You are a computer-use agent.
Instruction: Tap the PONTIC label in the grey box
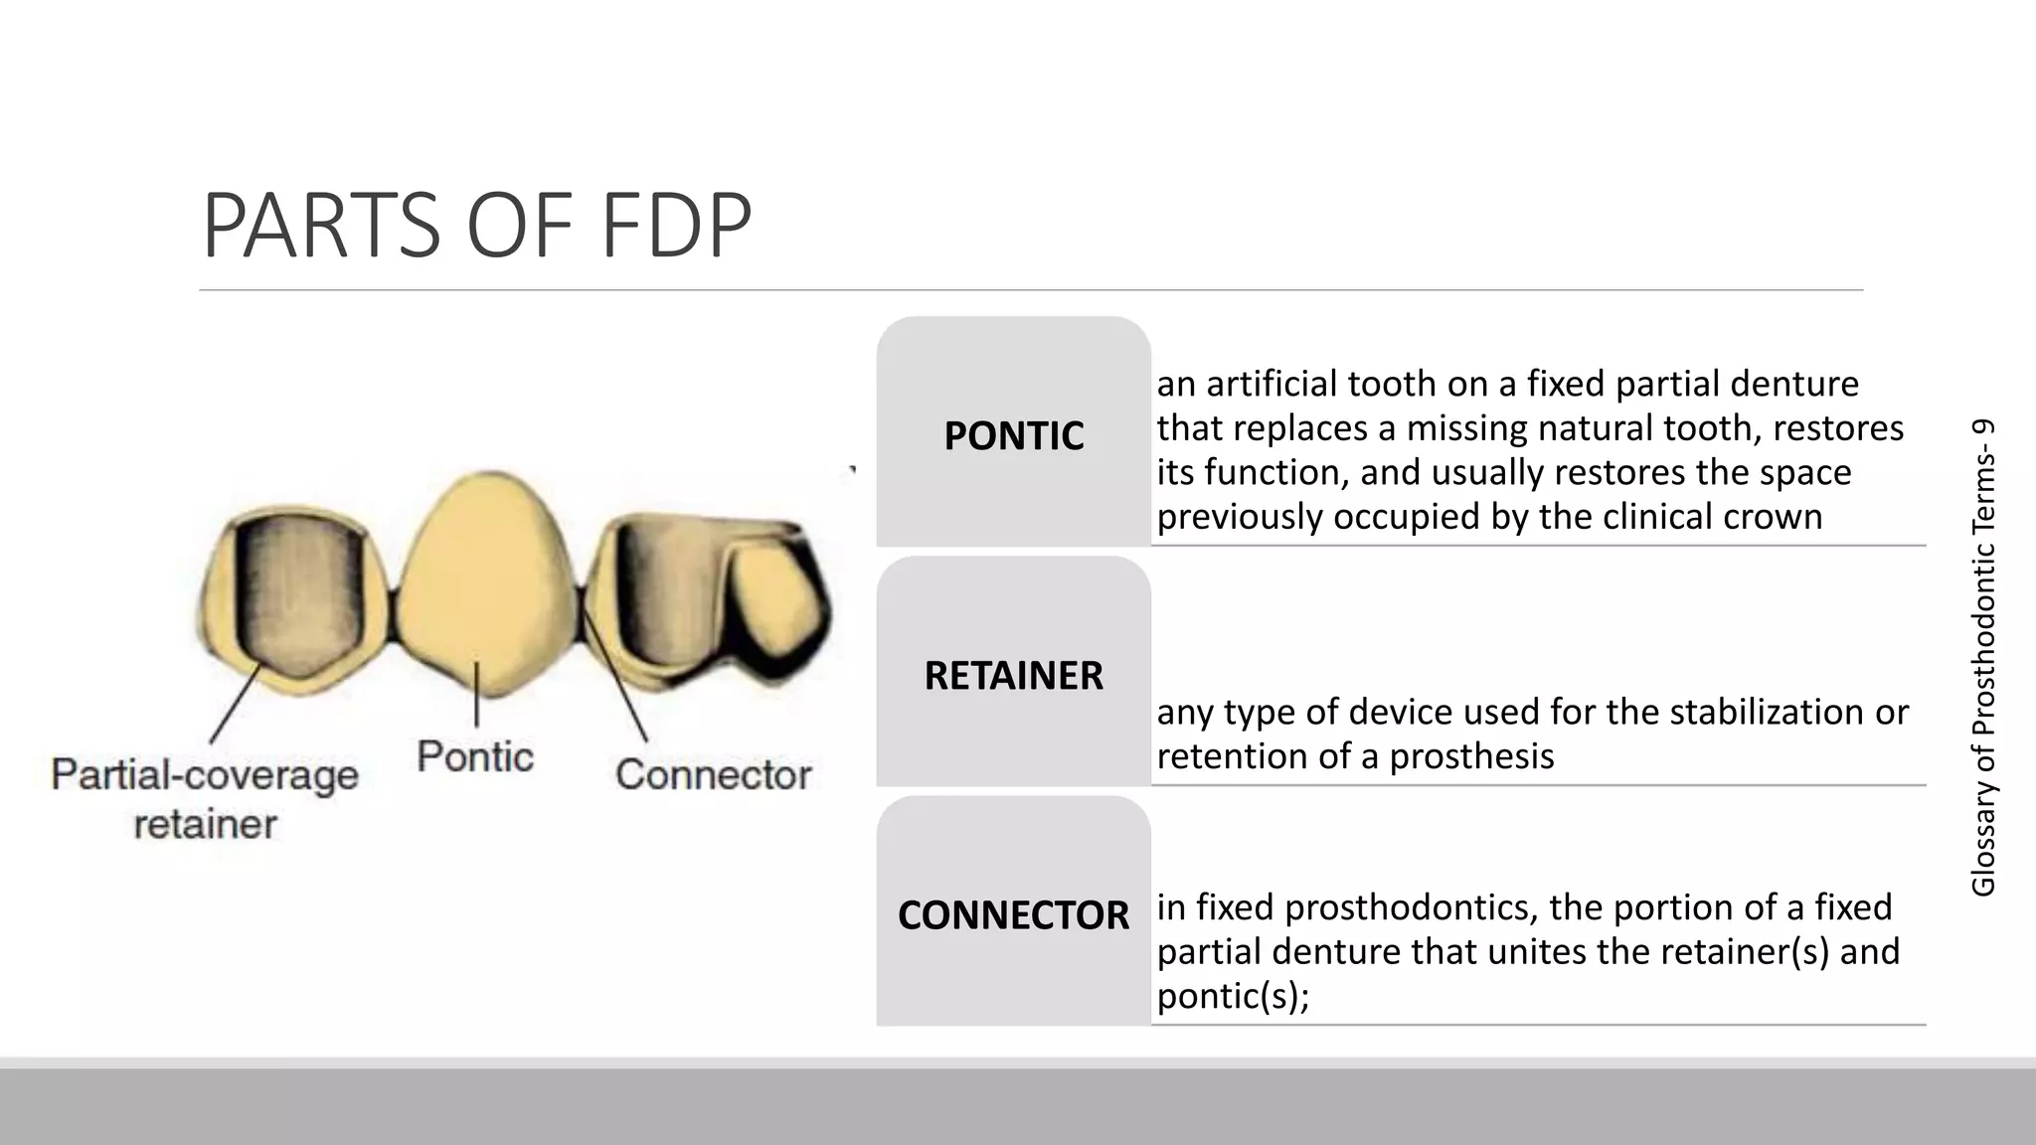1013,436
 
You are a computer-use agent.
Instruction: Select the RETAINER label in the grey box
1013,676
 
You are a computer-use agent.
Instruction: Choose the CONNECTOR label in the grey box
1013,915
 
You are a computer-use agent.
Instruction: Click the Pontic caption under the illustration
475,756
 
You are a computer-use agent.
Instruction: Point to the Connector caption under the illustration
713,774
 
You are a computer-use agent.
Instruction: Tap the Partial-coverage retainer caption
205,798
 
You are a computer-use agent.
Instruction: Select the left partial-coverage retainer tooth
293,601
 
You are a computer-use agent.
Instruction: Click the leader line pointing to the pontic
477,696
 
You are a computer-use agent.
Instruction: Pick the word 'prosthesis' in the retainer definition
1471,756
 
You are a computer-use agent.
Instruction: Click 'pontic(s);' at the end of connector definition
1233,996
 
